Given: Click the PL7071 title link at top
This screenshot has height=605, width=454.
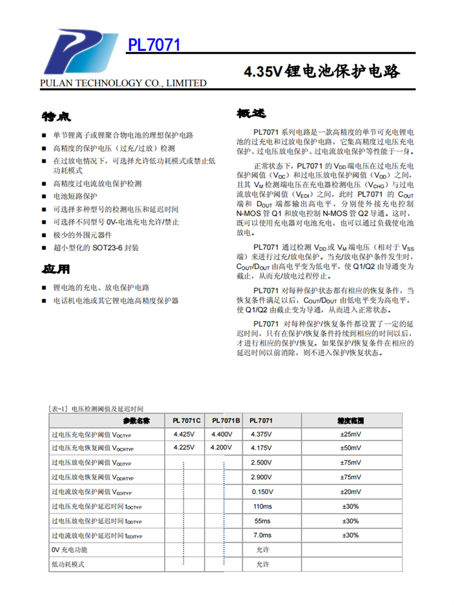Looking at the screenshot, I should [x=154, y=46].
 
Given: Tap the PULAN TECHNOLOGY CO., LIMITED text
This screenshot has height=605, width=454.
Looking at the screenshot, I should [x=123, y=83].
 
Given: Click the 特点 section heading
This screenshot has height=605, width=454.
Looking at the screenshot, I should [x=56, y=115].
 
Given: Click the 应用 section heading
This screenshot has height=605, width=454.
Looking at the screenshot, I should [x=56, y=269].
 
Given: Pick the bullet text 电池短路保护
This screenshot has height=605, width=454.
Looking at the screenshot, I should [x=75, y=196].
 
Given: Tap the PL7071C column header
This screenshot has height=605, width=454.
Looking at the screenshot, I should [x=186, y=420].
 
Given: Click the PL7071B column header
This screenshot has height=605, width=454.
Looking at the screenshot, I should [x=225, y=420].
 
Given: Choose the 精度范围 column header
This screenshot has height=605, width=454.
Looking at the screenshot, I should [x=350, y=420].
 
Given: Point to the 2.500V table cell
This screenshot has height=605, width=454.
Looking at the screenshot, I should [x=262, y=463].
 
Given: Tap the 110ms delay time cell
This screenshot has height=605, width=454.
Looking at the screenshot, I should [x=263, y=506].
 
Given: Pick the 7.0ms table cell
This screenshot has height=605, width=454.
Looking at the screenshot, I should [x=262, y=535].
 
